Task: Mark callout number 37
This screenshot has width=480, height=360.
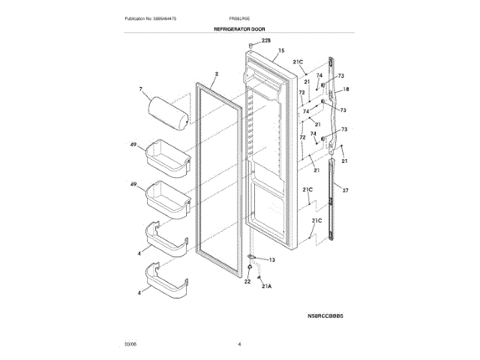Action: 346,190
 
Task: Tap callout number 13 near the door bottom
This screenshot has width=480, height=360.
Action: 271,259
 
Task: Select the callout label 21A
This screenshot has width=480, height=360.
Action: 266,286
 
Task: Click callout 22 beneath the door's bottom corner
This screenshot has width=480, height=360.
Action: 247,281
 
